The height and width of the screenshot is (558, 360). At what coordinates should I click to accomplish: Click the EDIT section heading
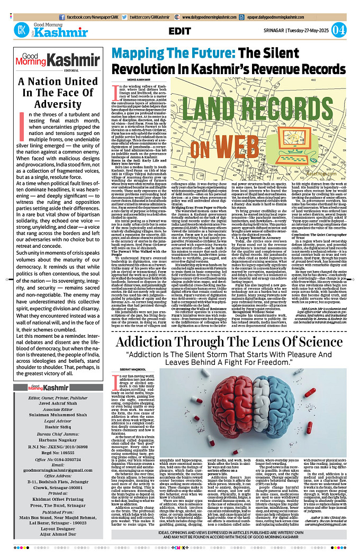(x=179, y=31)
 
